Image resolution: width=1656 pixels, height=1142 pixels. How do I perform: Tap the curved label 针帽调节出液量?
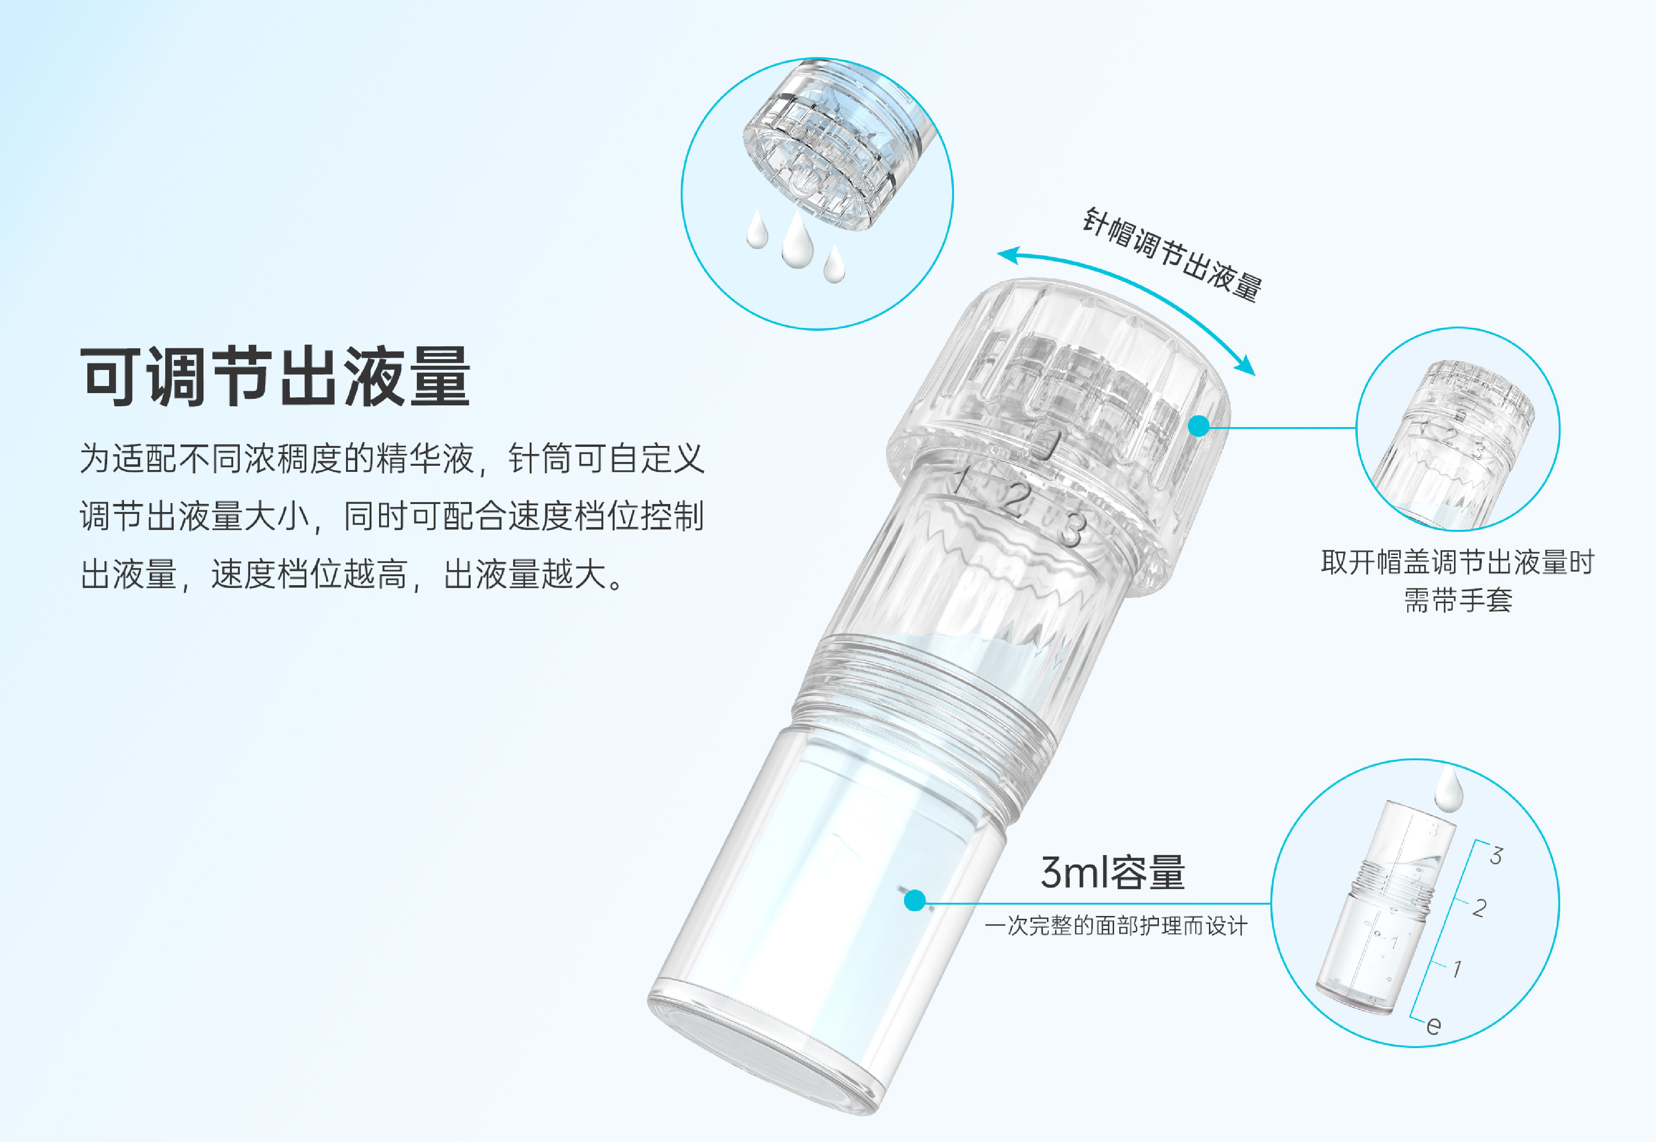tap(1172, 254)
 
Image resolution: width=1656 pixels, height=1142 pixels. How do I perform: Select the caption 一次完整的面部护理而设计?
tap(1115, 926)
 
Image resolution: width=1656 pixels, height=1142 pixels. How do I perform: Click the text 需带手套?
tap(1458, 600)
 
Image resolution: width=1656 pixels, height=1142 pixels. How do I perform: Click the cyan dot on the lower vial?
tap(914, 900)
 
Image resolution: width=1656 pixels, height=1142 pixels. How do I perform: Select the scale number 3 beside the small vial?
tap(1495, 856)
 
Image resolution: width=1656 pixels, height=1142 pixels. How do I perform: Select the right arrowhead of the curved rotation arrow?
tap(1245, 364)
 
